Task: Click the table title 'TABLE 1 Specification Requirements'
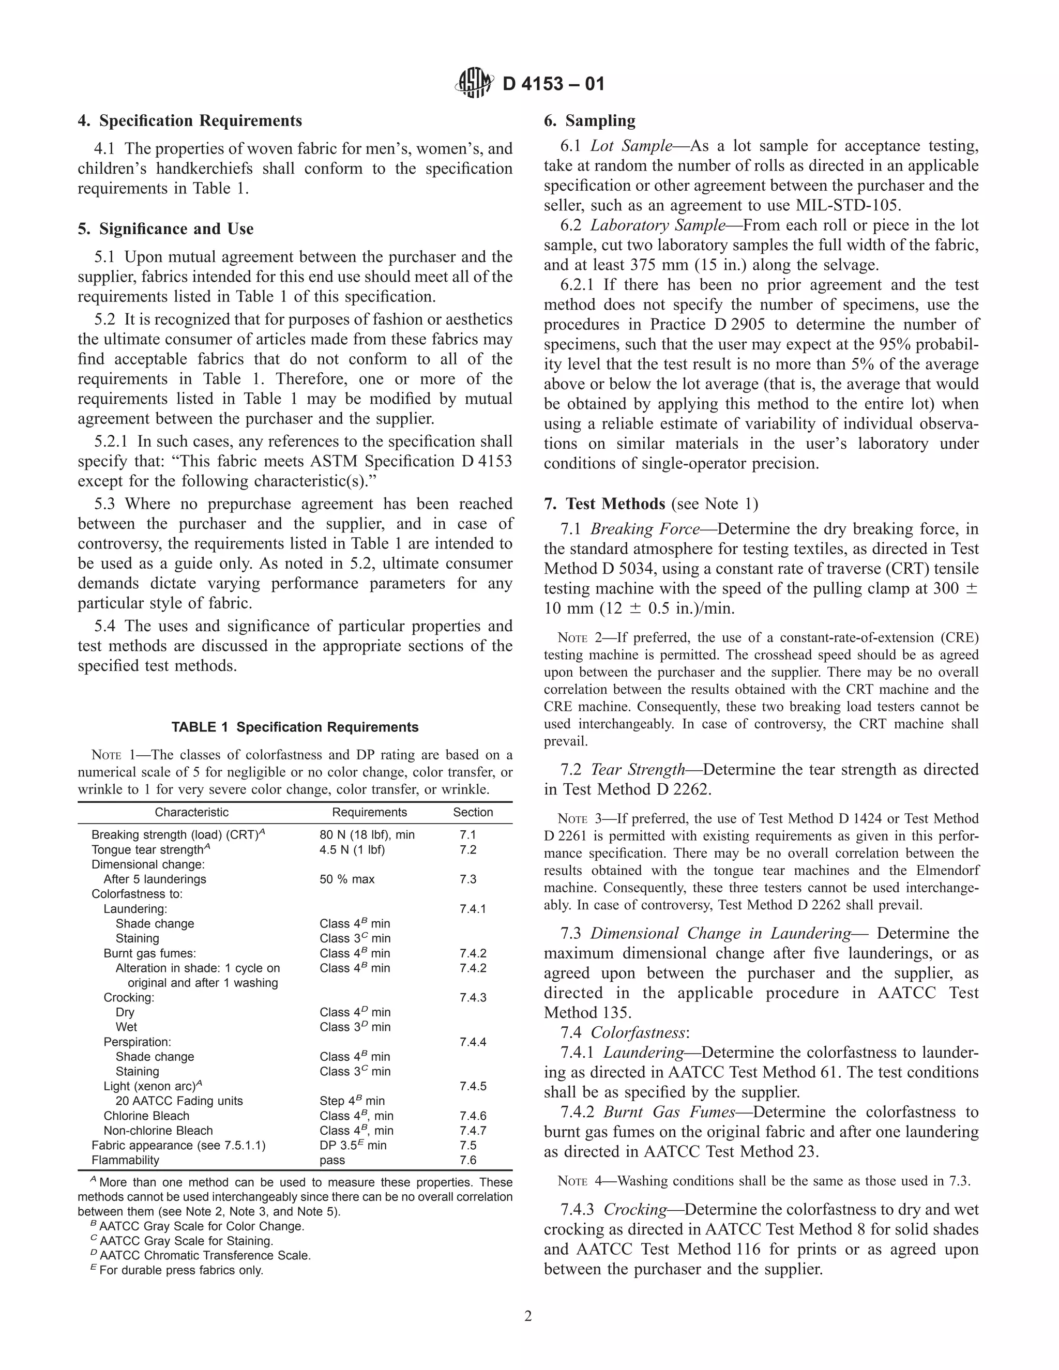(295, 727)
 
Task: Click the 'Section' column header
(473, 812)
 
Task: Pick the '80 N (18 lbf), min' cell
(367, 835)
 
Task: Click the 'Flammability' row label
(126, 1160)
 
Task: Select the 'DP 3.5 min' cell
(353, 1146)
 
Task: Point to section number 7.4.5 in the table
(473, 1086)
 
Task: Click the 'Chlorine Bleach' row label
(146, 1116)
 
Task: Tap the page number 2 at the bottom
(528, 1316)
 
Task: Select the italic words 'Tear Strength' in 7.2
(638, 770)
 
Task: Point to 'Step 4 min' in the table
(352, 1101)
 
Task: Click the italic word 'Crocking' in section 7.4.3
(635, 1210)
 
